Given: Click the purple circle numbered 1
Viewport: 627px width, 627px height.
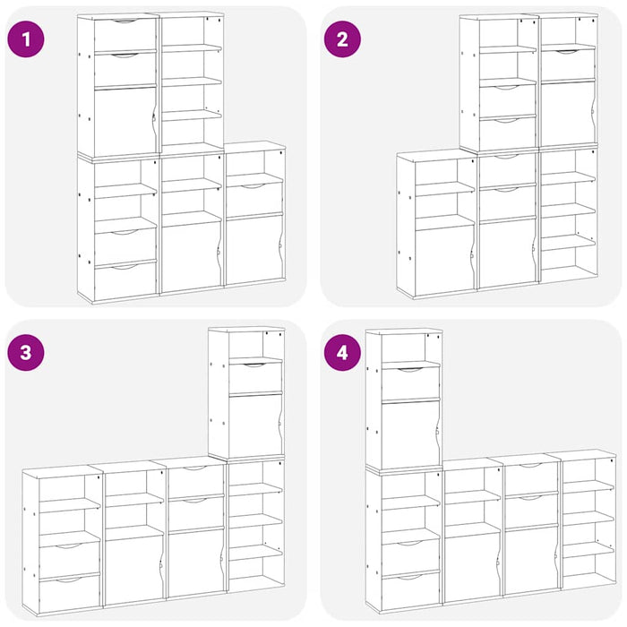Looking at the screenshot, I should click(x=26, y=39).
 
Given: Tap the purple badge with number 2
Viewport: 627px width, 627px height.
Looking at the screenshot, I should click(x=341, y=39).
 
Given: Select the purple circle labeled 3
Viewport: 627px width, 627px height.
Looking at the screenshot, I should click(x=26, y=352).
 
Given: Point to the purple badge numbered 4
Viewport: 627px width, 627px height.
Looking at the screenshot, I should click(x=341, y=352).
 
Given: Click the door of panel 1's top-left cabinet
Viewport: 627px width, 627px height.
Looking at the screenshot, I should click(x=125, y=122).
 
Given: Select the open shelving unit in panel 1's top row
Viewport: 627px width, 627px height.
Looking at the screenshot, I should click(x=191, y=82).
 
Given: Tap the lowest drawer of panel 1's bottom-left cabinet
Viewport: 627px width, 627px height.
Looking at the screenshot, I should click(x=125, y=279).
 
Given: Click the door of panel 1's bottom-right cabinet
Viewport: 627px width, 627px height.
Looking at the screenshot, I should click(x=253, y=246).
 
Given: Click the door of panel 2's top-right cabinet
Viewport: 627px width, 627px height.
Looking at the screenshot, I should click(x=568, y=112).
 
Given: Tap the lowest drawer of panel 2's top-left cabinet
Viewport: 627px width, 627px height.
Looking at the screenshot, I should click(x=507, y=133).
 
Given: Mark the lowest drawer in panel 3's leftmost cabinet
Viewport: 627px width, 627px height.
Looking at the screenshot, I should click(x=70, y=592).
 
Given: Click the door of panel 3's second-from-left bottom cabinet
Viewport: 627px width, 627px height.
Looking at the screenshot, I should click(x=133, y=566).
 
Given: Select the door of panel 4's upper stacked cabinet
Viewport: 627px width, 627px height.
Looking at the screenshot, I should click(x=411, y=434).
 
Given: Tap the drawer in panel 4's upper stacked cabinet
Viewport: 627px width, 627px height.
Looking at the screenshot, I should click(x=411, y=381).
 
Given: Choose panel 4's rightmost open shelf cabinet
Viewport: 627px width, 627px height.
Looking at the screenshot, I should click(x=588, y=520).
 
